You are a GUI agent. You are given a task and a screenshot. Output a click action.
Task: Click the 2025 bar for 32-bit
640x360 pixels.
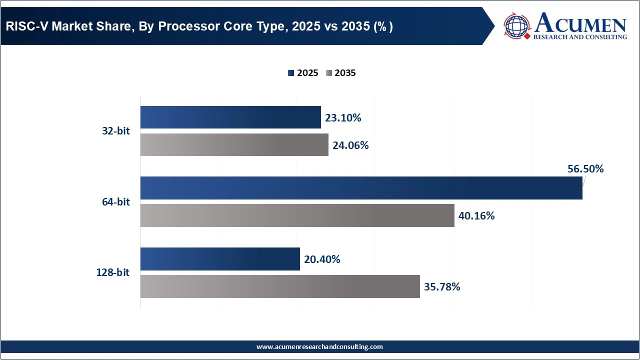[x=230, y=117]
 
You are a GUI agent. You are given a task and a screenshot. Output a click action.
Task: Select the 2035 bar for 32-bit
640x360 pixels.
[x=234, y=145]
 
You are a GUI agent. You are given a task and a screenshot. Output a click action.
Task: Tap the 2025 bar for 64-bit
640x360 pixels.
[x=361, y=188]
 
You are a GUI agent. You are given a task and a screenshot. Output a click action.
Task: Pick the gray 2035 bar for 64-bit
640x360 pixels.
[x=297, y=215]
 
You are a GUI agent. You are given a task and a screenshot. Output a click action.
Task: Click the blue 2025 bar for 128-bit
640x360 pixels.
[x=220, y=259]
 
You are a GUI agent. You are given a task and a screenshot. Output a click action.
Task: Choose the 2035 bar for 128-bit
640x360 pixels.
[x=280, y=286]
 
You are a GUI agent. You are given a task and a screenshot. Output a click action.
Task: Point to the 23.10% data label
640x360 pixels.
[x=343, y=118]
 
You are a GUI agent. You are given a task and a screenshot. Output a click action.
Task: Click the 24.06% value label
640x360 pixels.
[x=350, y=145]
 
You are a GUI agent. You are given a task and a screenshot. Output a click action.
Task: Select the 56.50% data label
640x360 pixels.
[x=585, y=169]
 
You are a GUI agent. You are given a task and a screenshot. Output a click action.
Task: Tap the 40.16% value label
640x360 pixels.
[x=476, y=216]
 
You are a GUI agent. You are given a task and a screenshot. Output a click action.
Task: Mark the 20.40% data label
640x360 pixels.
[x=322, y=259]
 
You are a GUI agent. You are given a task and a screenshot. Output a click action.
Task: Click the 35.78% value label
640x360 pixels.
[x=442, y=287]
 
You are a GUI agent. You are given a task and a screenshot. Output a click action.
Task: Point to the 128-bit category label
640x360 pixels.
[x=113, y=273]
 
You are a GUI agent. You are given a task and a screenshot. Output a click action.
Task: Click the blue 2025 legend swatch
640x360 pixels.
[x=291, y=73]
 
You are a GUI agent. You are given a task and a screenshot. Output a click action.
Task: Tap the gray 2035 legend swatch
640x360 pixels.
[x=328, y=73]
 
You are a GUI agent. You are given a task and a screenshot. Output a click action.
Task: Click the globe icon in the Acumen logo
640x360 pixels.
[x=517, y=25]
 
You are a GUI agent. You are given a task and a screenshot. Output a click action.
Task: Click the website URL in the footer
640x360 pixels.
[x=319, y=346]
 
